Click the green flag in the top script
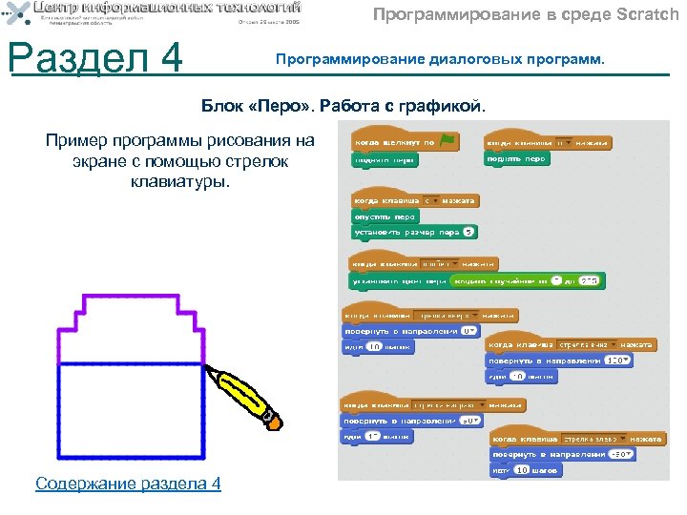pyautogui.click(x=448, y=141)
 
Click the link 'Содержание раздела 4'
pyautogui.click(x=128, y=484)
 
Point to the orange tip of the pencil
pyautogui.click(x=274, y=419)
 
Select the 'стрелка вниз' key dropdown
pyautogui.click(x=583, y=344)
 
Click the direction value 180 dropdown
pyautogui.click(x=616, y=360)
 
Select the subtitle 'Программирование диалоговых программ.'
pyautogui.click(x=440, y=59)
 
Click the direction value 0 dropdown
pyautogui.click(x=468, y=330)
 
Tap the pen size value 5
pyautogui.click(x=469, y=232)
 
